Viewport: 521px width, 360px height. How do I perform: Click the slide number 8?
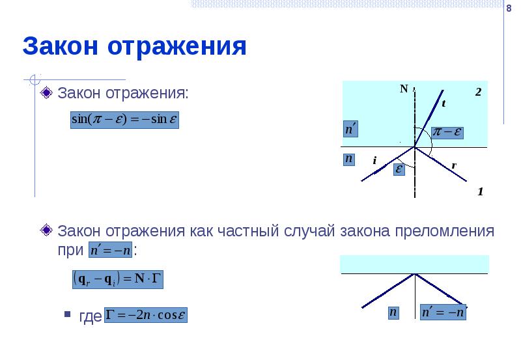click(508, 8)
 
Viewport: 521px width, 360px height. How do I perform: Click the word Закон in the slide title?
click(59, 47)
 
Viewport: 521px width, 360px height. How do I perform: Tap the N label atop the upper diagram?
click(404, 89)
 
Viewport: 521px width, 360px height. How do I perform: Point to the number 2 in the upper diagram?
click(477, 92)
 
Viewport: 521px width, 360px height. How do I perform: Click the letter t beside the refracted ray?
click(444, 104)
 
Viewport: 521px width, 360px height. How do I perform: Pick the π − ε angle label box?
click(449, 132)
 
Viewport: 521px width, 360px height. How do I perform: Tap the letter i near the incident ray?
click(375, 160)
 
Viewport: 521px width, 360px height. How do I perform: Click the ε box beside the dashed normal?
click(397, 169)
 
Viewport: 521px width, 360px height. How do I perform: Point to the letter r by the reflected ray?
click(453, 166)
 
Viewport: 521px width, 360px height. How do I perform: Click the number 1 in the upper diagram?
click(480, 192)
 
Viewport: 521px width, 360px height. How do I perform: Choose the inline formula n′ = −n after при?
click(110, 251)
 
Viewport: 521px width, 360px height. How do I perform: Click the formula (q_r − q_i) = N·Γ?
click(117, 279)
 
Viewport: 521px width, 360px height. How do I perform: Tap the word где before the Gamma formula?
click(90, 317)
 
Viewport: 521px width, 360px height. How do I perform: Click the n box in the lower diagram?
click(393, 312)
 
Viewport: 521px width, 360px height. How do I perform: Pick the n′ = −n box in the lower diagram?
click(444, 312)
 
